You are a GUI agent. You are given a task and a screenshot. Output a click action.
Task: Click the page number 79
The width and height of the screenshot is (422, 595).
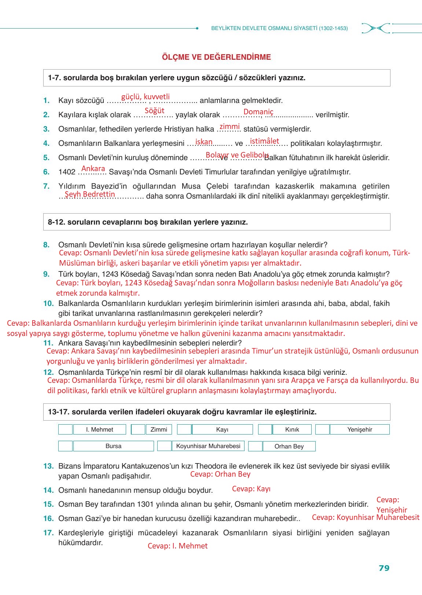[x=384, y=568]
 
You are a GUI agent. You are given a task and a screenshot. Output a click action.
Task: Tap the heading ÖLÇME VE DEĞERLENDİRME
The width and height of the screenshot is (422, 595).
[x=216, y=57]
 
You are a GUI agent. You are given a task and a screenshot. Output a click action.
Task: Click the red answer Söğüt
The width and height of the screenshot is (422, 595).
[x=154, y=111]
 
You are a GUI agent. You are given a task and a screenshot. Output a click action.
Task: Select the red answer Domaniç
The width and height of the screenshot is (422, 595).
[x=258, y=112]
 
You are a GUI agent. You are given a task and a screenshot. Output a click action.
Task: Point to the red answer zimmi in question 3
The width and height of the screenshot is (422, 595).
[x=230, y=126]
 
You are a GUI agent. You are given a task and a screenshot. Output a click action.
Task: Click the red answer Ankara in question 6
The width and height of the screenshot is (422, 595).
[x=93, y=169]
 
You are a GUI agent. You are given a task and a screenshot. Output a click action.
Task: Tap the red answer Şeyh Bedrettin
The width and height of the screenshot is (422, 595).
[x=90, y=194]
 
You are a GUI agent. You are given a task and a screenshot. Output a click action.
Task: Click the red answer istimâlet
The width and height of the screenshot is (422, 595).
[x=264, y=141]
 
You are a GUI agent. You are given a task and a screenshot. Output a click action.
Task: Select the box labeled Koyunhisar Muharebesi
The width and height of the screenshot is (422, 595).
[x=208, y=446]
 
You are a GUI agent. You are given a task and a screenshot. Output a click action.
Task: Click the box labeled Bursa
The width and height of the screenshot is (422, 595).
[x=113, y=446]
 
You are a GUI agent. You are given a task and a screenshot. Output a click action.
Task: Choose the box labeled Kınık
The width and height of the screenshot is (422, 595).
[x=292, y=429]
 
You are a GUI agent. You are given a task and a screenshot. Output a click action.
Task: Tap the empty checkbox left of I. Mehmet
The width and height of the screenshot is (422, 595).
[x=65, y=429]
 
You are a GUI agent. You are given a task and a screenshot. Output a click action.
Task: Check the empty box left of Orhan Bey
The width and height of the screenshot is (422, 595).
[x=255, y=446]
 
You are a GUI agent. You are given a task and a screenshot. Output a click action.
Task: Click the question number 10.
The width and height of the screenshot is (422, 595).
[x=48, y=303]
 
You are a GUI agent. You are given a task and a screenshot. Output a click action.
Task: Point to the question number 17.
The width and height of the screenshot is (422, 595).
[x=48, y=533]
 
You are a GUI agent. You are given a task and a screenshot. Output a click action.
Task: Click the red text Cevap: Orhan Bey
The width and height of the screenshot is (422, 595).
[x=220, y=474]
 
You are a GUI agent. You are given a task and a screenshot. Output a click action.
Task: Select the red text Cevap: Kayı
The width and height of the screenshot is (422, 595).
[x=251, y=489]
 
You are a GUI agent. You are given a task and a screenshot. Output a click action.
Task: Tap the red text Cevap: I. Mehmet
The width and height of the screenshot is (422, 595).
[x=177, y=546]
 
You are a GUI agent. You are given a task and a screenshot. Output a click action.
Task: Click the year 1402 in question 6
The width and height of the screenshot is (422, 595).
[x=67, y=172]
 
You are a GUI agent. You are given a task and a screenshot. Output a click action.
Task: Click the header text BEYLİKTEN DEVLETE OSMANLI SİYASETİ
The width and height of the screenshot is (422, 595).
[x=264, y=28]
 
